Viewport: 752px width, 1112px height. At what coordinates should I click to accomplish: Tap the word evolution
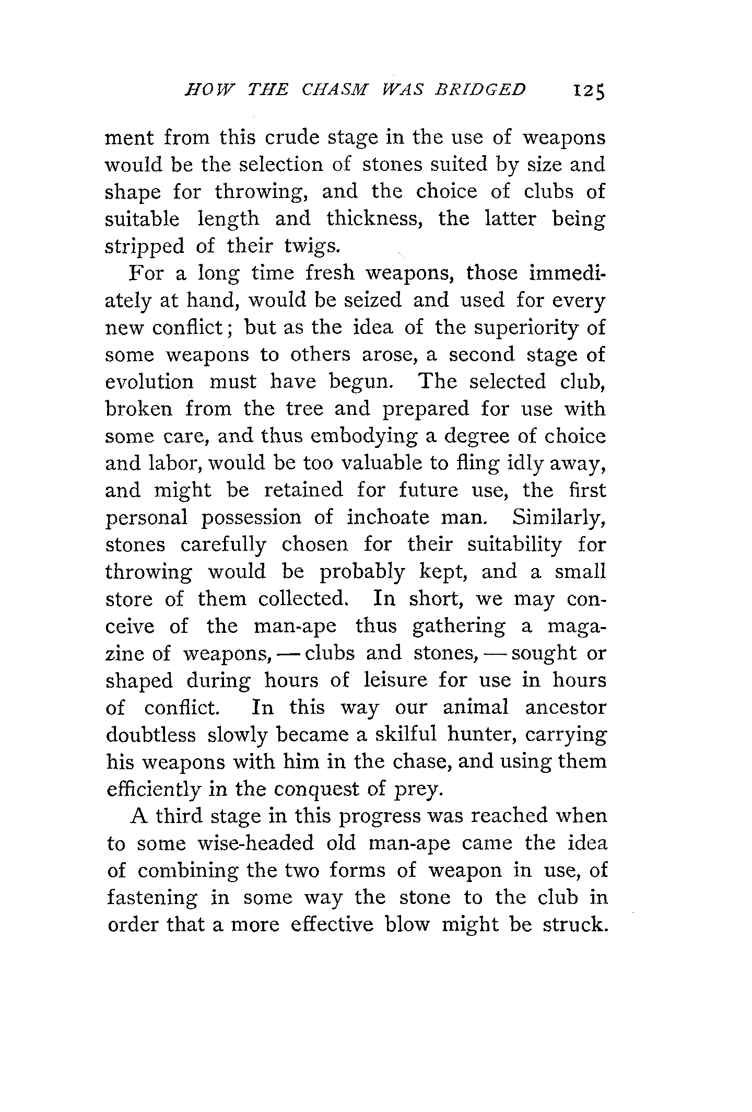(x=149, y=382)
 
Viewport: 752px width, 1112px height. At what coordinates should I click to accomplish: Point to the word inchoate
(x=386, y=517)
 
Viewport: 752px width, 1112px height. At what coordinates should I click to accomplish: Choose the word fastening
(x=152, y=898)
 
